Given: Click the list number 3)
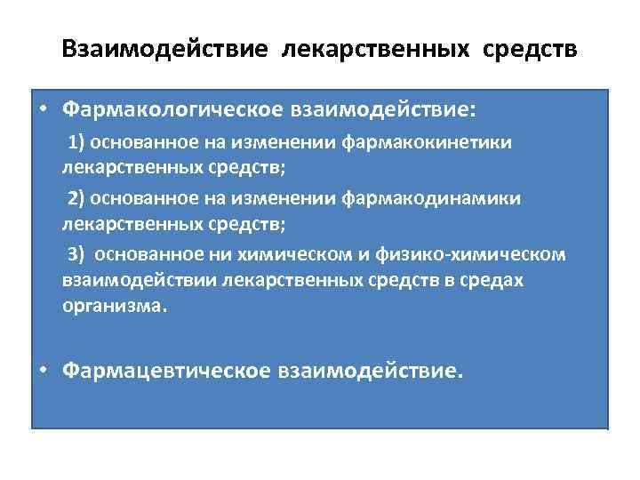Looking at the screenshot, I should (x=76, y=254).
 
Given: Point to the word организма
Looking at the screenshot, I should (x=113, y=307).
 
